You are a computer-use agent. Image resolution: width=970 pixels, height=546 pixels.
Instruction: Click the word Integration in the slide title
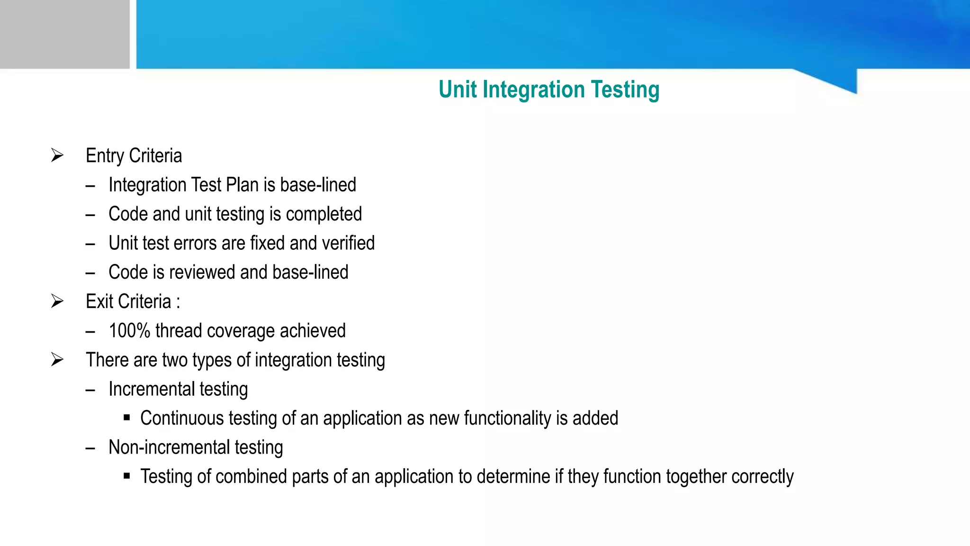tap(533, 90)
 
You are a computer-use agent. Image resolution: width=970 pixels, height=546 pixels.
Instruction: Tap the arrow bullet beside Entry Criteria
tap(57, 155)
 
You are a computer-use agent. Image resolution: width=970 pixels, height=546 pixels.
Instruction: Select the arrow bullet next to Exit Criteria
tap(57, 301)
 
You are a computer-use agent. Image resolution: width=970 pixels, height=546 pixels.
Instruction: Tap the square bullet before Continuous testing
tap(126, 418)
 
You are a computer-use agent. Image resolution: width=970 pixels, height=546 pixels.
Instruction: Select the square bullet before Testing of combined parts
tap(126, 476)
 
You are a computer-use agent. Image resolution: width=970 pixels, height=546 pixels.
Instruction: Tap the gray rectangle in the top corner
tap(64, 34)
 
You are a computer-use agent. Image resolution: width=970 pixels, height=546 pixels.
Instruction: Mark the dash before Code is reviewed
tap(90, 273)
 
